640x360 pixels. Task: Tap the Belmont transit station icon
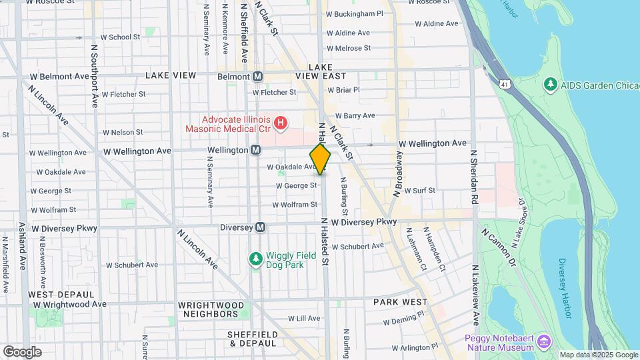coord(257,76)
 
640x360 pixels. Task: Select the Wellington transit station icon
coord(255,151)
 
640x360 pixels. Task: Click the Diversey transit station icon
coord(261,227)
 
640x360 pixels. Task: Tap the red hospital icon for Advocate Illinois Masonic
coord(281,123)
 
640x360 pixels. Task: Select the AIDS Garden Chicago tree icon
coord(550,85)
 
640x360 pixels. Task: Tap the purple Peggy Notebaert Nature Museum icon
coord(545,342)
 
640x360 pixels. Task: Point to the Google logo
coord(22,351)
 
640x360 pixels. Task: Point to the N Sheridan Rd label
coord(474,176)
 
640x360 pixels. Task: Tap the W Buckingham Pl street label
coord(354,13)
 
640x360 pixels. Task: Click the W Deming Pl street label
coord(404,321)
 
